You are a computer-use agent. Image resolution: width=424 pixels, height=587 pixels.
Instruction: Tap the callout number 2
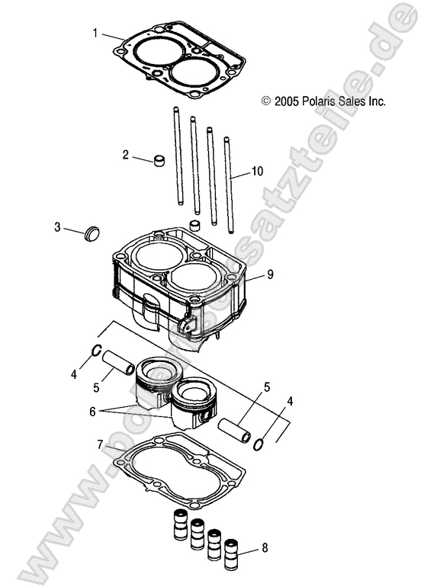click(x=125, y=155)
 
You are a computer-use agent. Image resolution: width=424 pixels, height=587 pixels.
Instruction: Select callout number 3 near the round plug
click(x=57, y=227)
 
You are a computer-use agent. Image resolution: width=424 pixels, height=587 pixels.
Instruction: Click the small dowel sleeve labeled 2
click(x=160, y=161)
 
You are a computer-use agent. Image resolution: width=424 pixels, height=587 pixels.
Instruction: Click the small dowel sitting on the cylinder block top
click(x=195, y=226)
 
